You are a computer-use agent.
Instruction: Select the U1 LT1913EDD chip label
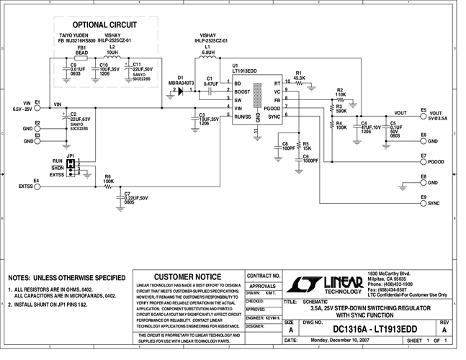(245, 68)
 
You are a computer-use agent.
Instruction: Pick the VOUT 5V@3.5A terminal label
(438, 114)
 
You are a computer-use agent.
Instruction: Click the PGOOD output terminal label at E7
(436, 162)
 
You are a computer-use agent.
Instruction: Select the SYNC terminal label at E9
(434, 203)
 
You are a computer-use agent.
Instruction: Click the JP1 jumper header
(71, 166)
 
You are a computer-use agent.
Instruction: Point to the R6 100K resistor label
(108, 179)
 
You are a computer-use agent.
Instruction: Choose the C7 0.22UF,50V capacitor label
(136, 197)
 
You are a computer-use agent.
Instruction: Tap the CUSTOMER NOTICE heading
(188, 277)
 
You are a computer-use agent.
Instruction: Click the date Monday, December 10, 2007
(341, 340)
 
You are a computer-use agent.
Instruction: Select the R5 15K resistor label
(306, 146)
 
